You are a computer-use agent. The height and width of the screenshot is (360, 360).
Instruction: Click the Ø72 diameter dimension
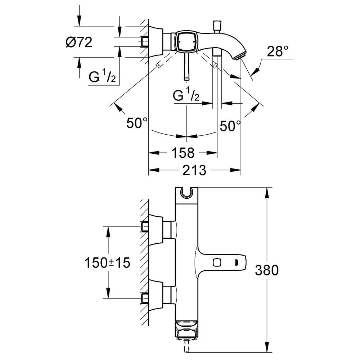coord(79,42)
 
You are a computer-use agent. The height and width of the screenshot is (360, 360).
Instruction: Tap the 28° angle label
coord(277,51)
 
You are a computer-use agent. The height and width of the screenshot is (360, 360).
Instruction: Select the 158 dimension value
coord(183,153)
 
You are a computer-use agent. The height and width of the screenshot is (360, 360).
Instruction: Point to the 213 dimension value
coord(194,170)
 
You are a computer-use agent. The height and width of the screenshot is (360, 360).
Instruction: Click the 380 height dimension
coord(267,270)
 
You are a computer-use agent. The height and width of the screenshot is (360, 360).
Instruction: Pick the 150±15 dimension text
coord(107,263)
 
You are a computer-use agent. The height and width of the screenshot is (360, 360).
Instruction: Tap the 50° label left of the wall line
coord(137,123)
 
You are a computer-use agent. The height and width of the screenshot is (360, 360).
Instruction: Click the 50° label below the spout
coord(230,126)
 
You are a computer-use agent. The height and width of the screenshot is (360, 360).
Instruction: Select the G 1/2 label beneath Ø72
coord(102,76)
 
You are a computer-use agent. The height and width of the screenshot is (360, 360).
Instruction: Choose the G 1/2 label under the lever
coord(186,94)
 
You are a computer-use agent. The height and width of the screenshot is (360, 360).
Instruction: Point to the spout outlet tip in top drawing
coord(239,57)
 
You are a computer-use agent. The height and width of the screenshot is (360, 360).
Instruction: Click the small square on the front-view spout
coord(217,262)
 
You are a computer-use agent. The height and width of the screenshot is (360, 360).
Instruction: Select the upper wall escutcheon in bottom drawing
coord(156,230)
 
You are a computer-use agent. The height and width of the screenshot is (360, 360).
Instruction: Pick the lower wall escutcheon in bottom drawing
coord(156,296)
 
